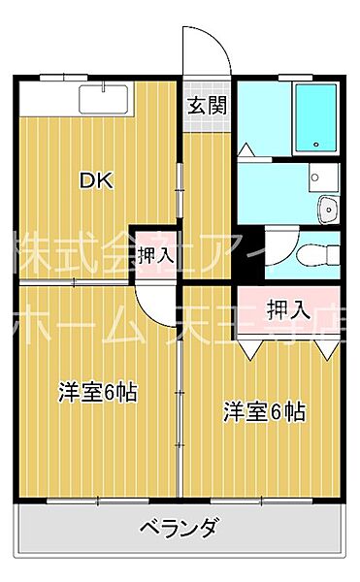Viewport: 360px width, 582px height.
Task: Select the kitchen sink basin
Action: [x=101, y=101]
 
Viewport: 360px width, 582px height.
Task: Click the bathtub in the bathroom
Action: [x=316, y=116]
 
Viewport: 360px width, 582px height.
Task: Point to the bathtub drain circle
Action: [x=315, y=146]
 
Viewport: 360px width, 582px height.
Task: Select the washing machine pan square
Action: [x=321, y=177]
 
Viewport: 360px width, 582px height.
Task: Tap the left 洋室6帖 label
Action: [x=97, y=392]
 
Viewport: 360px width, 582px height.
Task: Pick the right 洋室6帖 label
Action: [x=265, y=410]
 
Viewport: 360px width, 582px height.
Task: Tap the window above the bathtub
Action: [x=291, y=77]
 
